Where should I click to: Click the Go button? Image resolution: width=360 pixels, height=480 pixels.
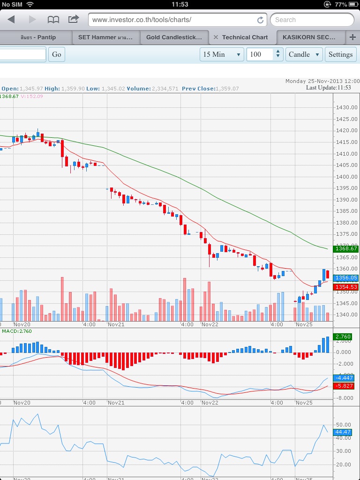pyautogui.click(x=57, y=54)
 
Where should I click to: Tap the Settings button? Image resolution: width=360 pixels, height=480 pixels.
pyautogui.click(x=340, y=54)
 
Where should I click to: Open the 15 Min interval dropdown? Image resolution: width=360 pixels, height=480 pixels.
pyautogui.click(x=222, y=54)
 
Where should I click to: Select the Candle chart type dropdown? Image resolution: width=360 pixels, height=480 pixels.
pyautogui.click(x=304, y=54)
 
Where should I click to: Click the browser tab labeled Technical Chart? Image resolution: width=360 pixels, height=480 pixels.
pyautogui.click(x=245, y=37)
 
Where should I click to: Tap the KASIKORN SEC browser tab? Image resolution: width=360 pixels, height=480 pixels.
pyautogui.click(x=309, y=37)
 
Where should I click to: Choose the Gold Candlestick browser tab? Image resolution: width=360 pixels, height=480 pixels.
pyautogui.click(x=174, y=37)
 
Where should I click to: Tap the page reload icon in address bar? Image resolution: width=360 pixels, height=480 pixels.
pyautogui.click(x=260, y=20)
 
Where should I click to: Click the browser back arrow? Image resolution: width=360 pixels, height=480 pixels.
pyautogui.click(x=11, y=20)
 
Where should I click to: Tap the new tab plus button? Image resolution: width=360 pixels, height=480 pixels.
pyautogui.click(x=352, y=37)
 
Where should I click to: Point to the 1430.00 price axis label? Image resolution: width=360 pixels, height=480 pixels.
pyautogui.click(x=346, y=108)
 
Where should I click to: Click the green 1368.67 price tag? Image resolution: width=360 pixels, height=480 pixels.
pyautogui.click(x=346, y=249)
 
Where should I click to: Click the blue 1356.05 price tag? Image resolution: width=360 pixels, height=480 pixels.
pyautogui.click(x=346, y=277)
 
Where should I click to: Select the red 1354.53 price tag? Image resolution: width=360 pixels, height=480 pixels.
pyautogui.click(x=346, y=287)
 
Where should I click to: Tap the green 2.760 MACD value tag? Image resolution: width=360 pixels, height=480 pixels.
pyautogui.click(x=344, y=337)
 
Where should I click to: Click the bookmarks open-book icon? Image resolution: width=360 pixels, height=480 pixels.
pyautogui.click(x=53, y=20)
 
